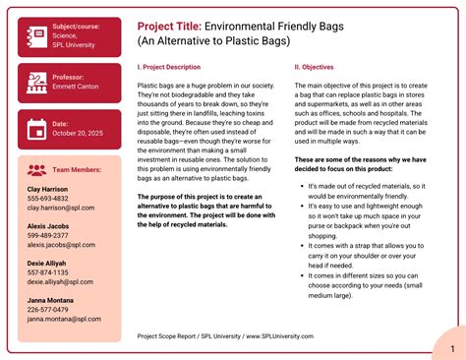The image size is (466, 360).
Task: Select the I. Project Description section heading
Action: point(176,67)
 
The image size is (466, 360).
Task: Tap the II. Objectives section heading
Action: point(316,67)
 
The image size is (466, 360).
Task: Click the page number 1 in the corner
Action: point(450,349)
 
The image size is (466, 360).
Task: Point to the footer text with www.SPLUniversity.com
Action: point(225,335)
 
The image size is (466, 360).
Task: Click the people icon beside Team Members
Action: point(36,169)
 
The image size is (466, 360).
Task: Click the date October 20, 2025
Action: point(79,132)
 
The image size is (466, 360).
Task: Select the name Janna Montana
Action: point(52,300)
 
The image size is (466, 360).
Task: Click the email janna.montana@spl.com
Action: point(67,319)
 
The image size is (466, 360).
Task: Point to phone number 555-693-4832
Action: point(48,198)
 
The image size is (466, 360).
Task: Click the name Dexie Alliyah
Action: point(49,263)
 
